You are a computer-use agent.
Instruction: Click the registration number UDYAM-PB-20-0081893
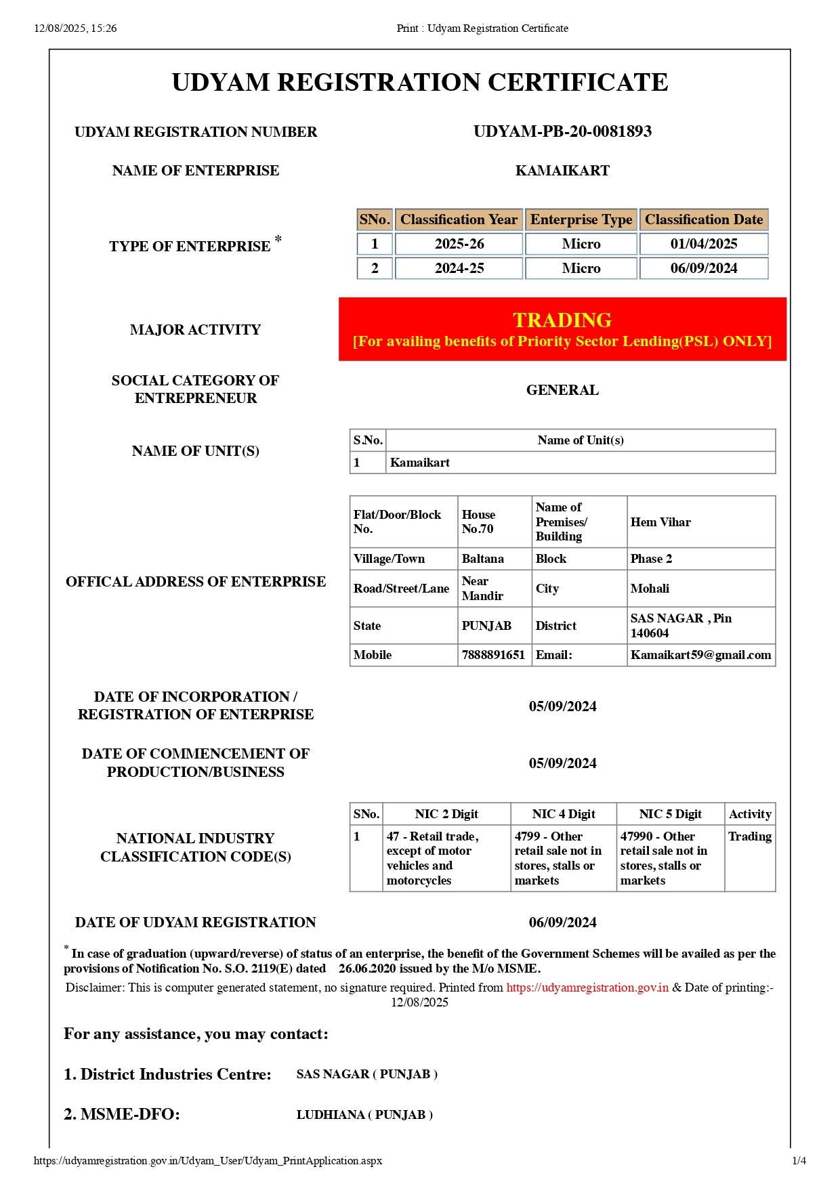[x=562, y=131]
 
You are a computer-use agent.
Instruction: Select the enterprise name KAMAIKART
[x=562, y=171]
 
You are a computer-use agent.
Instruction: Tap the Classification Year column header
[x=459, y=219]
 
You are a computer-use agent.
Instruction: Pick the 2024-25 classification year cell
[x=459, y=268]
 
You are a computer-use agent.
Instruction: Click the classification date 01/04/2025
[x=703, y=244]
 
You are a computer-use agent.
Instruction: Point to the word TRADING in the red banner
[x=562, y=320]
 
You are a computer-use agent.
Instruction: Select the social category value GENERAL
[x=562, y=390]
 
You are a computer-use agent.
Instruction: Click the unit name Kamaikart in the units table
[x=420, y=463]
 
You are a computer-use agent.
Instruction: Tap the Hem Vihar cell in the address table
[x=660, y=522]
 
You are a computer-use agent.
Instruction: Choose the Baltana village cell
[x=482, y=559]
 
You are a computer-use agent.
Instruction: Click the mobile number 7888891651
[x=493, y=655]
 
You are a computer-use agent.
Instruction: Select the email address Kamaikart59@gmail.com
[x=700, y=655]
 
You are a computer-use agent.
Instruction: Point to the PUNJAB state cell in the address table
[x=486, y=626]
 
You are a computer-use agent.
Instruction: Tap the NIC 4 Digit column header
[x=564, y=814]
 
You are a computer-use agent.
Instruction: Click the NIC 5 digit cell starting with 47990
[x=663, y=858]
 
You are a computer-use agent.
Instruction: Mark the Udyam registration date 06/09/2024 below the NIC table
[x=562, y=922]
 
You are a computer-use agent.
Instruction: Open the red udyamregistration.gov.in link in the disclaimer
[x=587, y=988]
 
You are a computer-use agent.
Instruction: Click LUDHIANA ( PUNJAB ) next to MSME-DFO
[x=364, y=1115]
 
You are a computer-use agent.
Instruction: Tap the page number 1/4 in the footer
[x=799, y=1161]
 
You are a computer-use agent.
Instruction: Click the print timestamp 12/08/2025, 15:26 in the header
[x=75, y=28]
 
